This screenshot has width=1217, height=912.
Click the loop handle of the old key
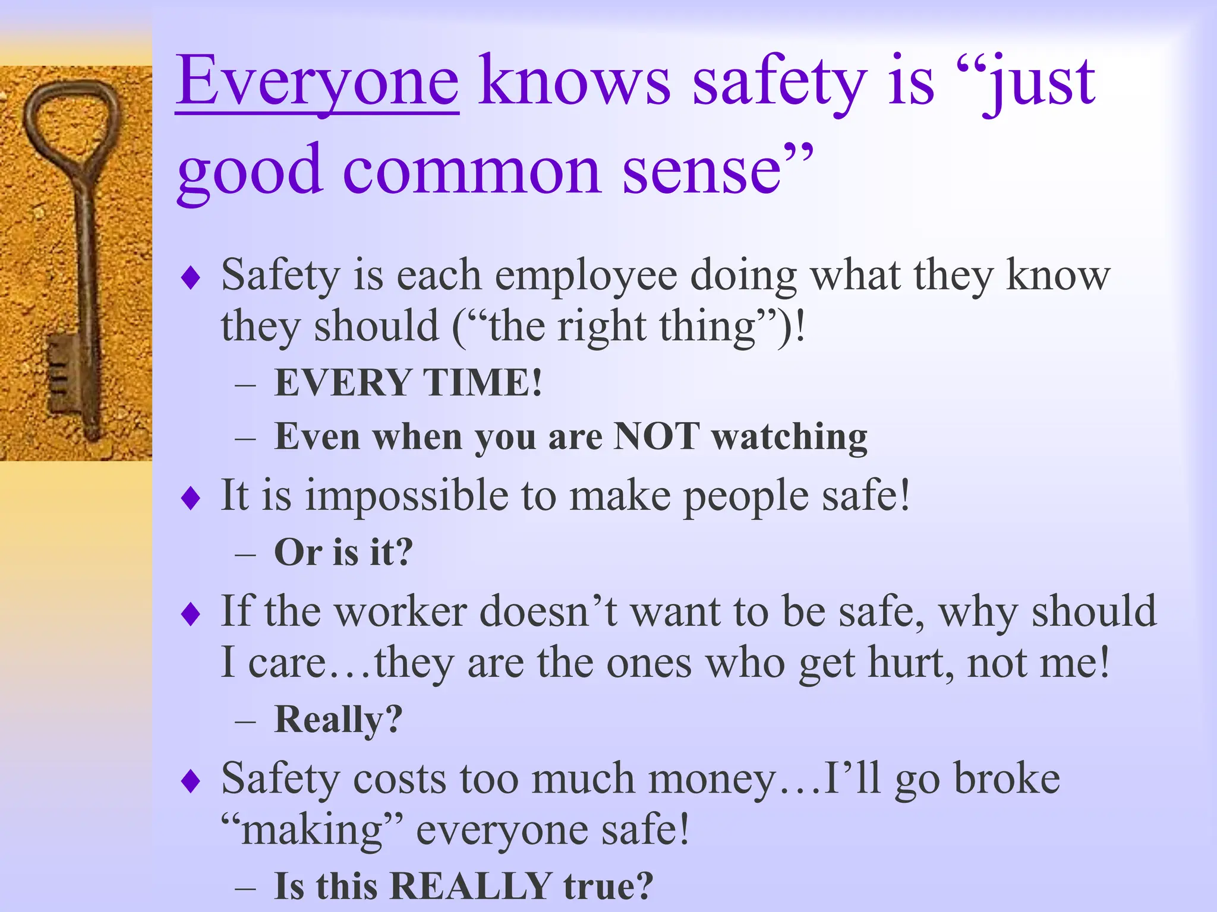[72, 119]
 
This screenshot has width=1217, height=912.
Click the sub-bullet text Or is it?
[343, 552]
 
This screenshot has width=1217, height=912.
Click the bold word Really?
[338, 719]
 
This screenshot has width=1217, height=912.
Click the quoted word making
[313, 830]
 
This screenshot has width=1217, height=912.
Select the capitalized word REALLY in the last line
[470, 886]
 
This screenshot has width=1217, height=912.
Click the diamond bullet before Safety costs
[191, 781]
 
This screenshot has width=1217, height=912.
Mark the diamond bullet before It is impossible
[191, 498]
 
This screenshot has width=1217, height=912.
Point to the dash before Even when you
[245, 439]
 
